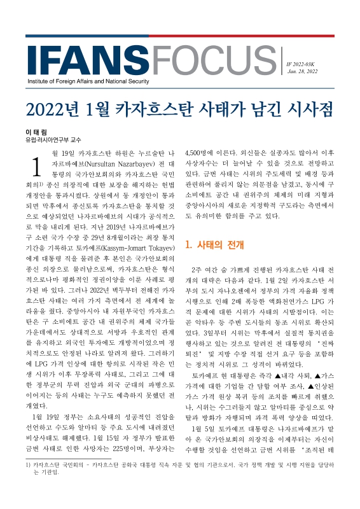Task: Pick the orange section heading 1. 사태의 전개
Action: pos(213,245)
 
